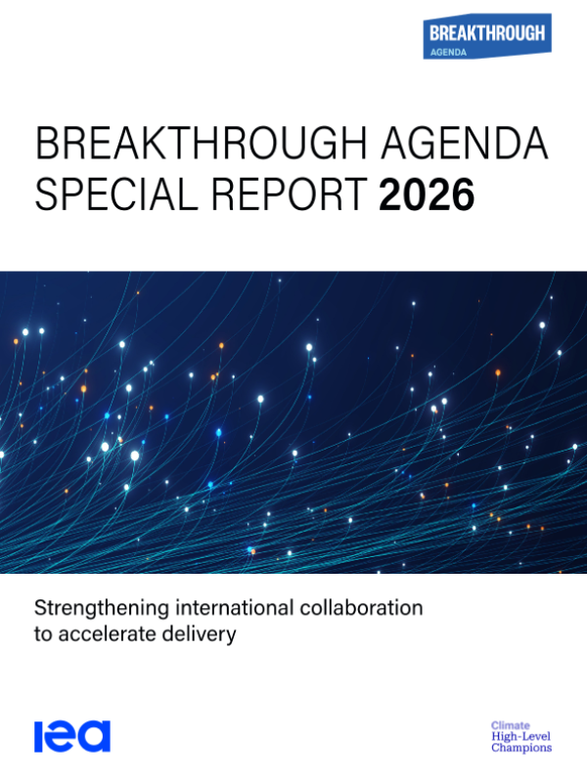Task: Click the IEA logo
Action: point(72,736)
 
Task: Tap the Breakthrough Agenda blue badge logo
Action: point(487,36)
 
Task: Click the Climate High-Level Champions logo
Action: point(521,737)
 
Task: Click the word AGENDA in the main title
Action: point(465,143)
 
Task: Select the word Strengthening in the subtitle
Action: point(102,609)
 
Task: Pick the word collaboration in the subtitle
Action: point(361,608)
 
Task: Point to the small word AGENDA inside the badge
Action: point(448,53)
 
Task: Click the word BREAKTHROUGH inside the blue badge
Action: point(487,33)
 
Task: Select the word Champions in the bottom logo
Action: point(521,748)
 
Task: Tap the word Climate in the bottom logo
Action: point(510,725)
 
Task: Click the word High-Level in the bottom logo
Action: point(520,737)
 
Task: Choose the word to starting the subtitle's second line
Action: point(43,634)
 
